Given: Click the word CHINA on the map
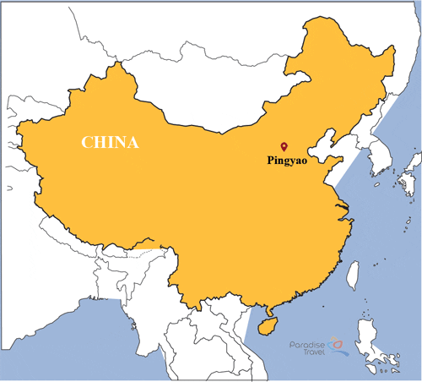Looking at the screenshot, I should (x=109, y=141).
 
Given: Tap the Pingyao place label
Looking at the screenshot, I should (x=286, y=160).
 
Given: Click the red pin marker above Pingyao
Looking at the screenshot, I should (x=284, y=145).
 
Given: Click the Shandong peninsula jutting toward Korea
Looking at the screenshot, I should (x=342, y=161).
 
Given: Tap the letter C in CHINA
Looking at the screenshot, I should (x=87, y=141).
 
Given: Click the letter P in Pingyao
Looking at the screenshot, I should (x=268, y=159).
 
